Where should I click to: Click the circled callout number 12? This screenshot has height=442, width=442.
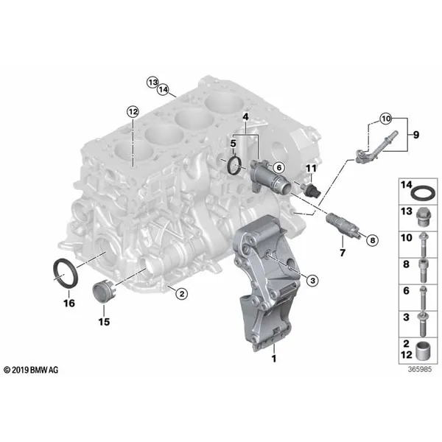(133, 112)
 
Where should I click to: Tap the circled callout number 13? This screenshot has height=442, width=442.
(152, 83)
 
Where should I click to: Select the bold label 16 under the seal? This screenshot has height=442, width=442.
(69, 304)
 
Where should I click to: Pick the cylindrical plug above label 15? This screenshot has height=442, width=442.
(102, 292)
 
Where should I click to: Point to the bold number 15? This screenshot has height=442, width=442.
(104, 322)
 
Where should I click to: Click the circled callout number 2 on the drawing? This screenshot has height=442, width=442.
(181, 294)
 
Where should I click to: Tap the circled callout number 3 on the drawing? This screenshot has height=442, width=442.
(312, 280)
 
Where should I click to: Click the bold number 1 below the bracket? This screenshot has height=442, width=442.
(274, 359)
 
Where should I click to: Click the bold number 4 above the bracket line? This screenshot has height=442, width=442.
(246, 117)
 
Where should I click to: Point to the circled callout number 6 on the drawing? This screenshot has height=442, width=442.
(278, 168)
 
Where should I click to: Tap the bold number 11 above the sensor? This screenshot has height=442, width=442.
(311, 168)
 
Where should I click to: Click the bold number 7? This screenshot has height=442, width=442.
(343, 253)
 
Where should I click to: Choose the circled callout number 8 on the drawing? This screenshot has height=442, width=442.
(373, 240)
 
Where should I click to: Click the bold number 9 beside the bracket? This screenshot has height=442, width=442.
(416, 135)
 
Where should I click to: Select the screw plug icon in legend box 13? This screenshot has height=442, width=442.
(423, 217)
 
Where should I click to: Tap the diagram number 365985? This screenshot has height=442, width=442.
(420, 369)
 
